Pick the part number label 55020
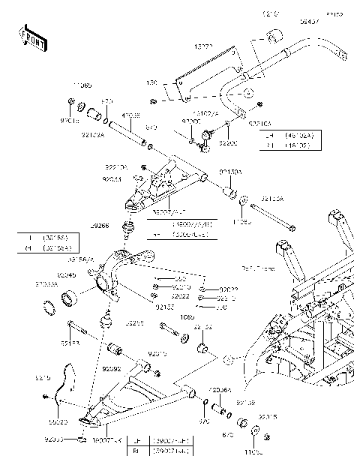pyautogui.click(x=48, y=423)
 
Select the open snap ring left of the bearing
pyautogui.click(x=51, y=306)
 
